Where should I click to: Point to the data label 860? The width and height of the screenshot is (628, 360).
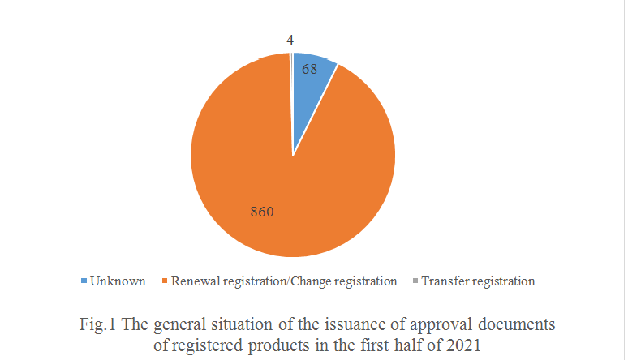262,212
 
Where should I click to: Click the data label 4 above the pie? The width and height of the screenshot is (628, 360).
290,39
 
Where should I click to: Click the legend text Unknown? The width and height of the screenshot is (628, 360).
118,281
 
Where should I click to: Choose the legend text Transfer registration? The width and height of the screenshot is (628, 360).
478,281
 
